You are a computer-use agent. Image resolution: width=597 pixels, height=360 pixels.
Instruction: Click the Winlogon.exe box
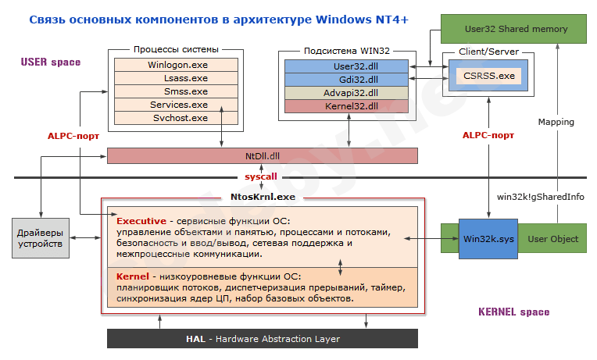tap(177, 65)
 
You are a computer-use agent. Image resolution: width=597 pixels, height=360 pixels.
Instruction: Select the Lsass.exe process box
tap(177, 78)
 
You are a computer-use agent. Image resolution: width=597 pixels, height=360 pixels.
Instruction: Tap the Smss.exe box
tap(177, 91)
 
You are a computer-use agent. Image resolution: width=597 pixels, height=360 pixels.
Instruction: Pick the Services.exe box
tap(177, 105)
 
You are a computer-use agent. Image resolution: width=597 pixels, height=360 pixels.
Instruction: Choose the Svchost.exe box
tap(177, 118)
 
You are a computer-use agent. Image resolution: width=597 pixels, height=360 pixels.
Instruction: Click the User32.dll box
tap(345, 66)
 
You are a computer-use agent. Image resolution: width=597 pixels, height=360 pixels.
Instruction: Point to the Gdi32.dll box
tap(345, 80)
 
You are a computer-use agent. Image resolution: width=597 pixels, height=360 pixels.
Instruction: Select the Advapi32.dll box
tap(345, 93)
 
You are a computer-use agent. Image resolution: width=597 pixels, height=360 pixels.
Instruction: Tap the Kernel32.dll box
tap(345, 106)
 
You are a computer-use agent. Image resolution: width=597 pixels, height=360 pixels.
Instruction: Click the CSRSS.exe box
tap(490, 76)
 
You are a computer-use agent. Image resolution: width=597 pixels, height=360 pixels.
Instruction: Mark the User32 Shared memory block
tap(513, 29)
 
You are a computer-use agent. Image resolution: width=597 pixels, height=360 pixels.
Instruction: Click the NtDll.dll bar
tap(262, 156)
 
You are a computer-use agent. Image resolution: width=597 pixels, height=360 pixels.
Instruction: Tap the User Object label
tap(553, 238)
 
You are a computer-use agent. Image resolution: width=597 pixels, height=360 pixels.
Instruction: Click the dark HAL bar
tap(262, 339)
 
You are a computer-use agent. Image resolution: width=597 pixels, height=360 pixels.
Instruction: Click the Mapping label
tap(556, 122)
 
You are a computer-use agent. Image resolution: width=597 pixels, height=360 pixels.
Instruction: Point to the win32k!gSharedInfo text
tap(541, 197)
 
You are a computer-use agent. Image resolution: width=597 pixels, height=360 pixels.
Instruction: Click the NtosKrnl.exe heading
tap(263, 197)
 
